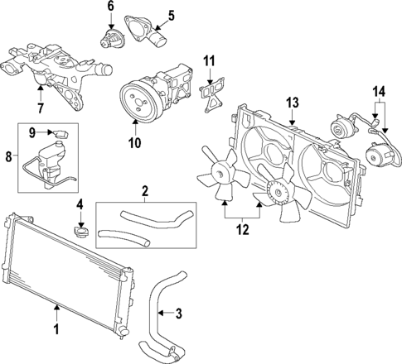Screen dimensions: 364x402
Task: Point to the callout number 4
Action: click(x=80, y=204)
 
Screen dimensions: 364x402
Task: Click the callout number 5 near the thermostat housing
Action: click(x=170, y=14)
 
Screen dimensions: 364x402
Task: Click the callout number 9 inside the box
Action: click(x=33, y=132)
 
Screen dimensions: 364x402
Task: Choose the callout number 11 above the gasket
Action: click(x=210, y=60)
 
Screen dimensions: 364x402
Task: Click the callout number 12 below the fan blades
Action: click(x=241, y=231)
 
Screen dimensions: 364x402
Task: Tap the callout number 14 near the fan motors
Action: click(x=378, y=91)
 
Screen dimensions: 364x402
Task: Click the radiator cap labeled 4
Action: click(x=81, y=229)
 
